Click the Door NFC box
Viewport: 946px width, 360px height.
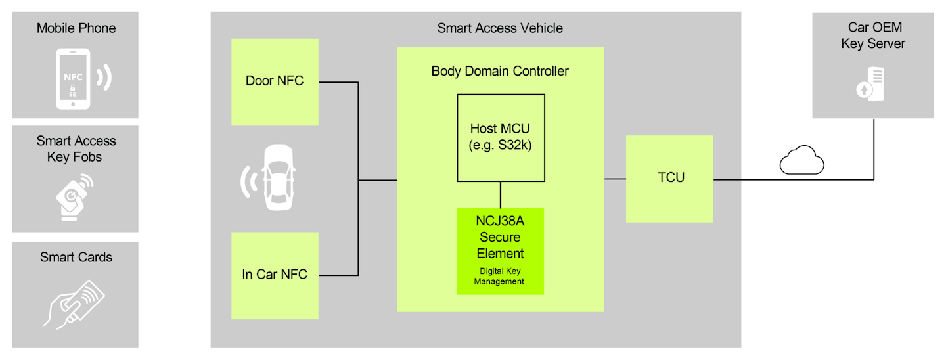pos(275,82)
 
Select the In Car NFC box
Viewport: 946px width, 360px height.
pos(275,275)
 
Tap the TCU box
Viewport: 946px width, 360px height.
pos(669,179)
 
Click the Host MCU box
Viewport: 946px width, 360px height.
pos(501,137)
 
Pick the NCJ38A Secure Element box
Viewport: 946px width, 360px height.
pos(501,251)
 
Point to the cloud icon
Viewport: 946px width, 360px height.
pos(801,161)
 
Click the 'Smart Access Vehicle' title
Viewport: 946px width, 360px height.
pos(500,28)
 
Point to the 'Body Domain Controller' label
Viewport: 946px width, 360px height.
pos(500,71)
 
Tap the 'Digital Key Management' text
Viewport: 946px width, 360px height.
pos(500,276)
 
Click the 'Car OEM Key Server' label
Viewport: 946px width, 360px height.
pos(873,35)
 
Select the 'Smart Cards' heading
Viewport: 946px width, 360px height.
pos(76,257)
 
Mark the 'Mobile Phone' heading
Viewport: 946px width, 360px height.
pos(76,28)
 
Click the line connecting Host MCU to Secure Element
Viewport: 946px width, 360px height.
pos(501,194)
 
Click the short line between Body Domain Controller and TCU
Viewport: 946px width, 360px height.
pos(615,179)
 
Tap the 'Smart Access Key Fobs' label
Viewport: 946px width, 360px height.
pos(76,149)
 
